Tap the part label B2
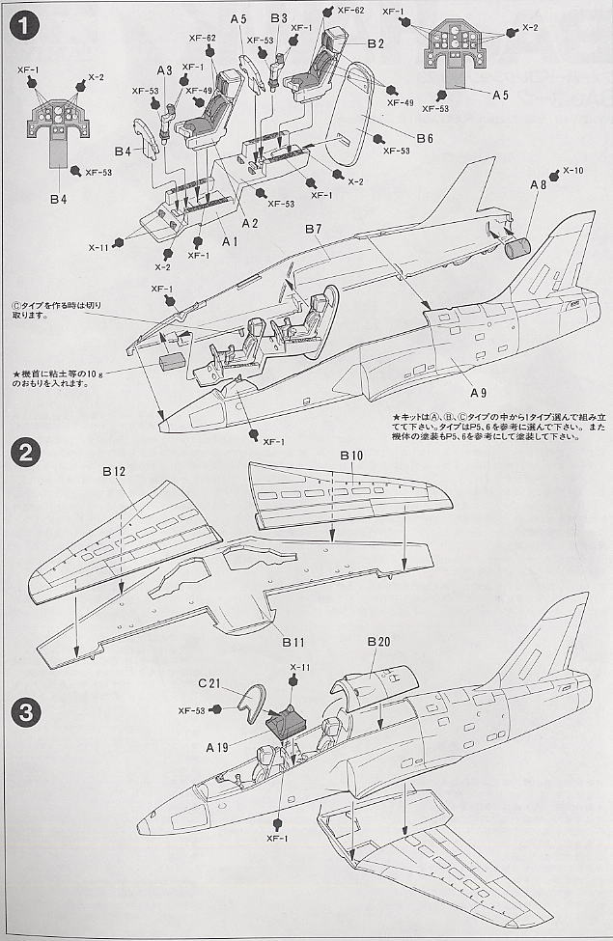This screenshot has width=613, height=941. point(376,43)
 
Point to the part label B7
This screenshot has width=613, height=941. point(313,229)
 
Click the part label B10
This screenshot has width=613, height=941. point(350,455)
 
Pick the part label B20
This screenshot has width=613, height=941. point(377,643)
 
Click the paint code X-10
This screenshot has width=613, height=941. point(572,170)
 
